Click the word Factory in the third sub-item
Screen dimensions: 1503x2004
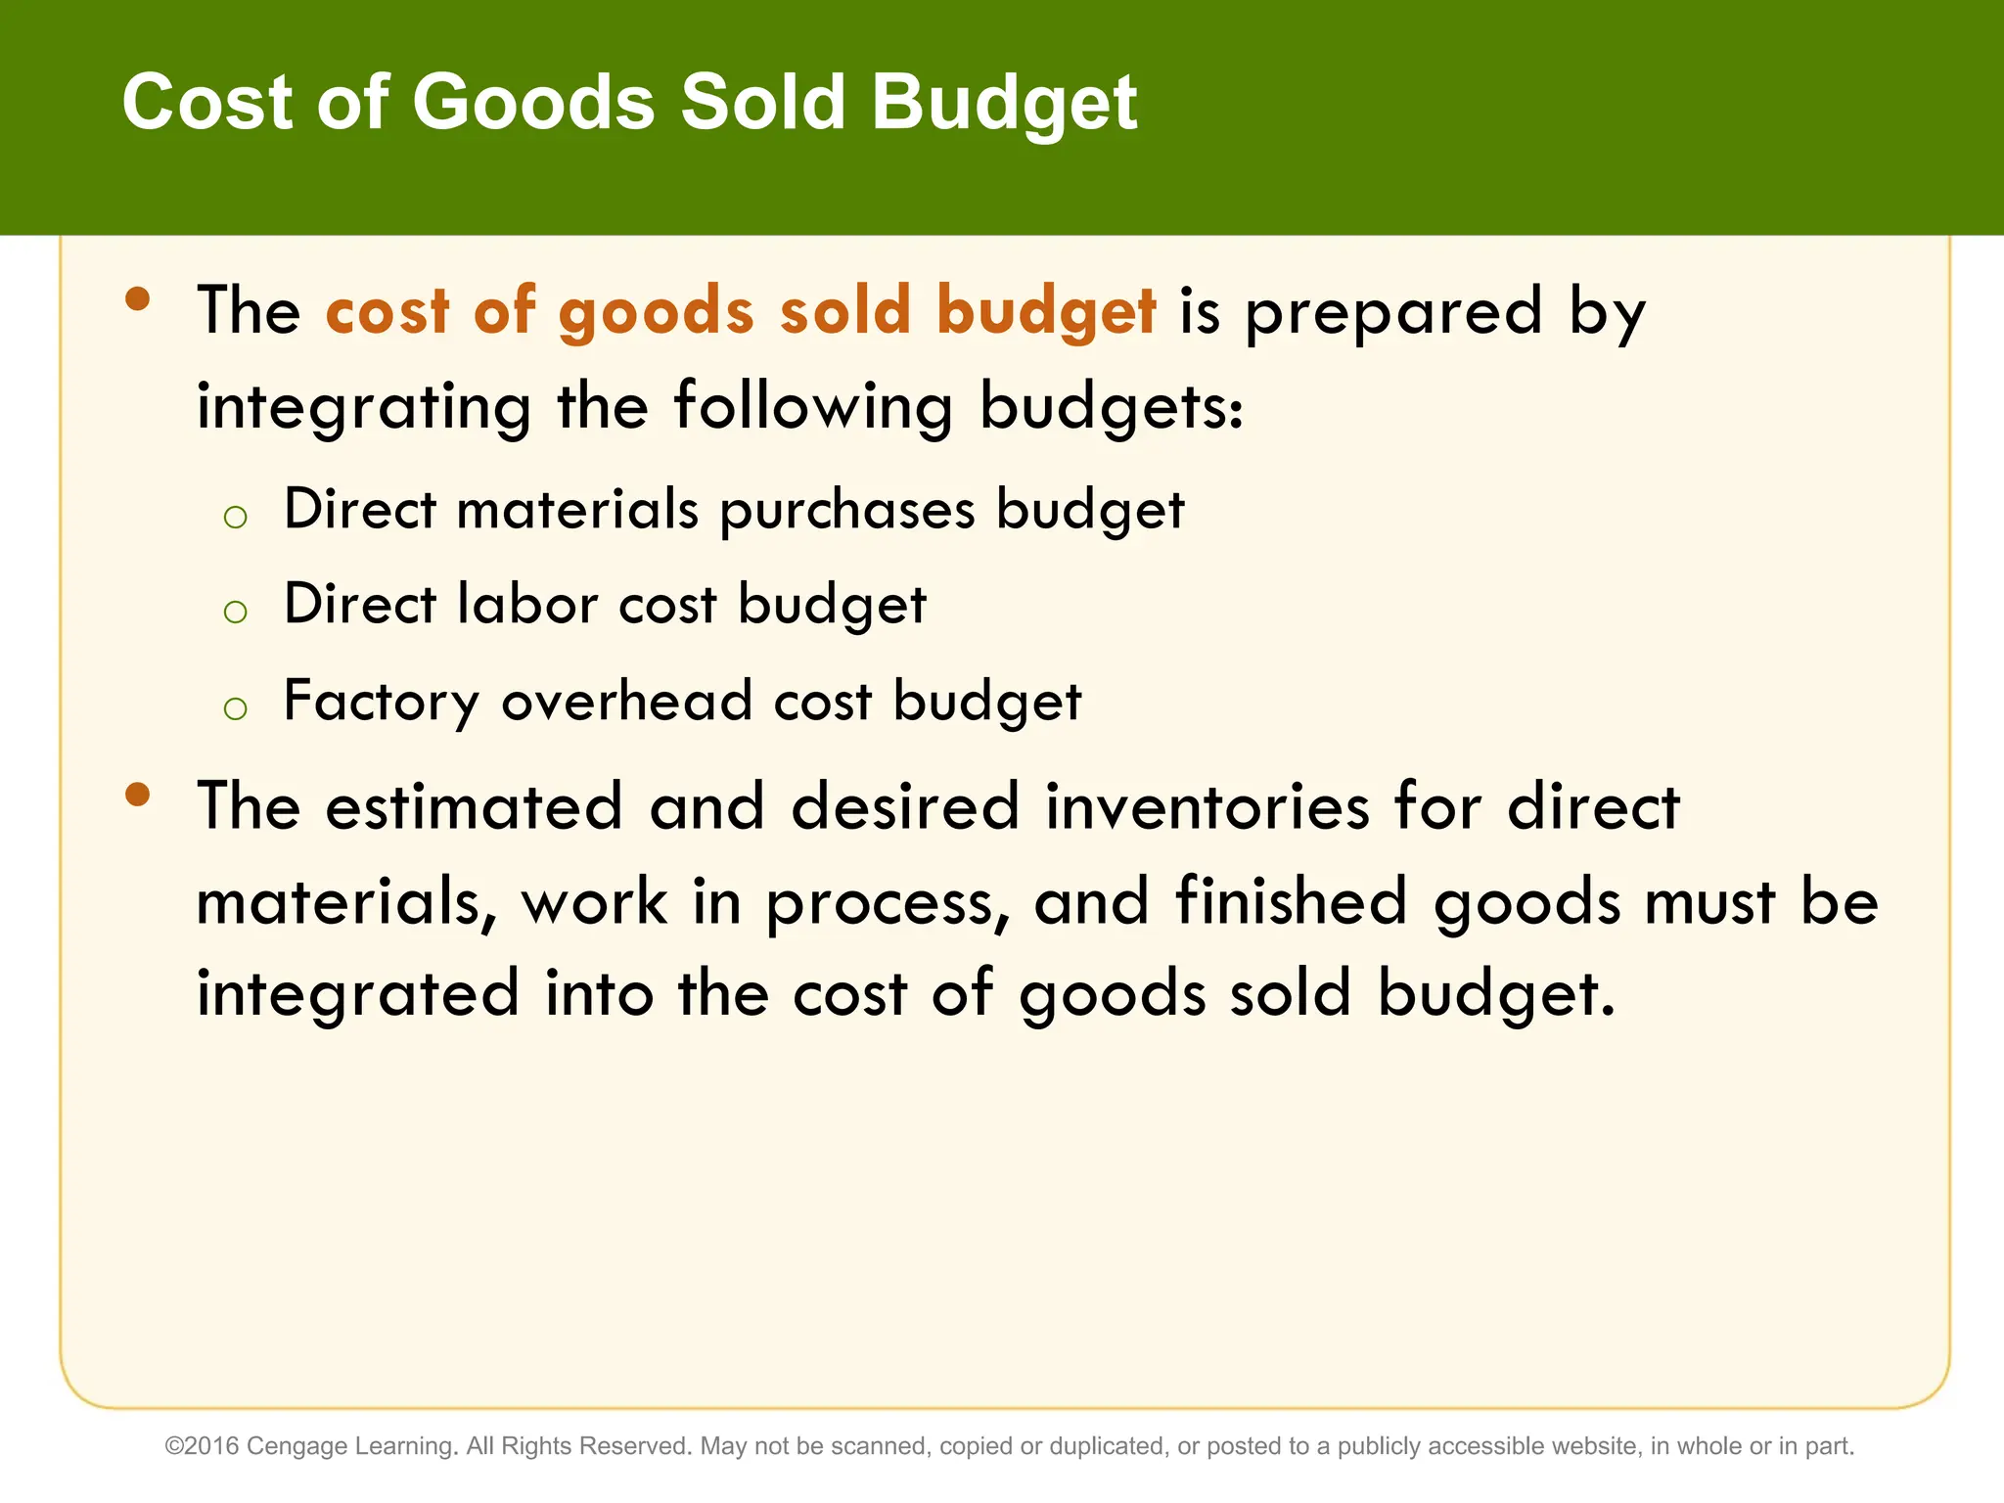point(381,703)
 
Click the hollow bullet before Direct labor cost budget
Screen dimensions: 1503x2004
point(235,613)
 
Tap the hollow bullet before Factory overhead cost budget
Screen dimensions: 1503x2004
point(235,707)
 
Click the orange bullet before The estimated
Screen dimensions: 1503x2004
point(138,794)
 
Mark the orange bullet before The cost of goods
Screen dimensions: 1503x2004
point(138,298)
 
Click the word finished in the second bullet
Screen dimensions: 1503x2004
point(1290,900)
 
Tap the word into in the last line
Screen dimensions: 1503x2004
point(599,993)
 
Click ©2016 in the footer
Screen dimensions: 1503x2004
point(203,1446)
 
